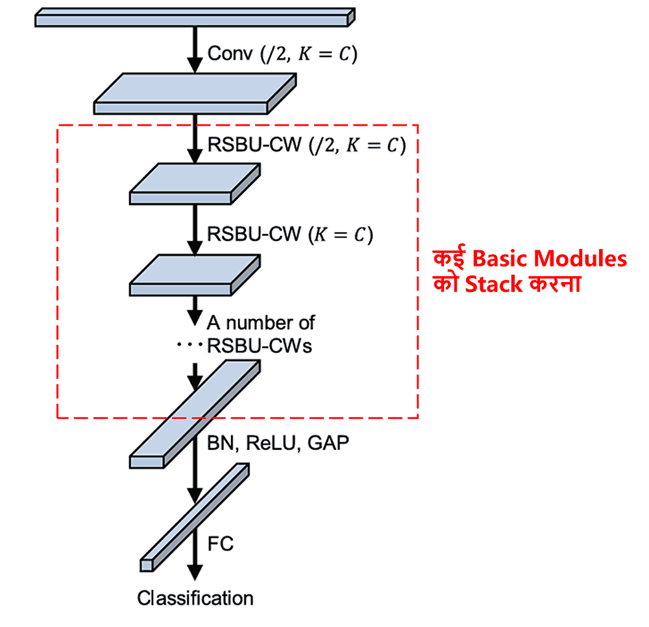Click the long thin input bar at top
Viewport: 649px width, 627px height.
[x=193, y=19]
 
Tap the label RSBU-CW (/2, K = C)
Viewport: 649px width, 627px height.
[x=306, y=145]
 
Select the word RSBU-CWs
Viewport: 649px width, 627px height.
[x=259, y=346]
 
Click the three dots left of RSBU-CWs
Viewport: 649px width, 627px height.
[x=190, y=346]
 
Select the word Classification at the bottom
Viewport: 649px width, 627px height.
[x=195, y=598]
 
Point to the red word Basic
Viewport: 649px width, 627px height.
[x=498, y=259]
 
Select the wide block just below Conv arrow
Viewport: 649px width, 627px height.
[x=195, y=95]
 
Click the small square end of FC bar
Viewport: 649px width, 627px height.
[x=147, y=565]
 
